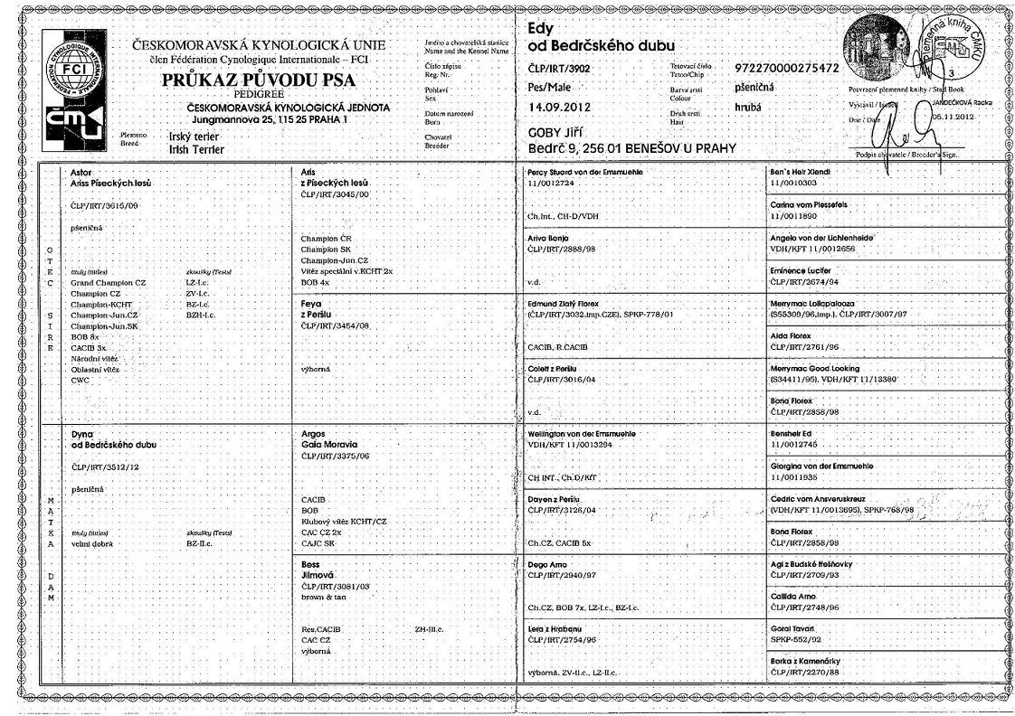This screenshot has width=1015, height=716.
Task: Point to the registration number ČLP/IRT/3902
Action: tap(560, 68)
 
